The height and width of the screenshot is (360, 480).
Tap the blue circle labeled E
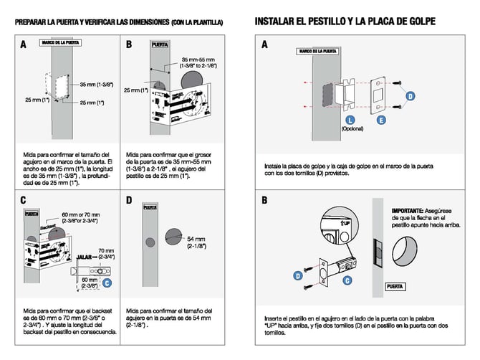pos(380,119)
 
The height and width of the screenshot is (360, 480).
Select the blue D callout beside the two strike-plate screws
pos(411,95)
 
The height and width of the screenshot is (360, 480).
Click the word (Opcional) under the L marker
pos(353,130)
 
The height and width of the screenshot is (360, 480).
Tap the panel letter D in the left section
pos(128,201)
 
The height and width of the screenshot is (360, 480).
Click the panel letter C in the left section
pos(24,201)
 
